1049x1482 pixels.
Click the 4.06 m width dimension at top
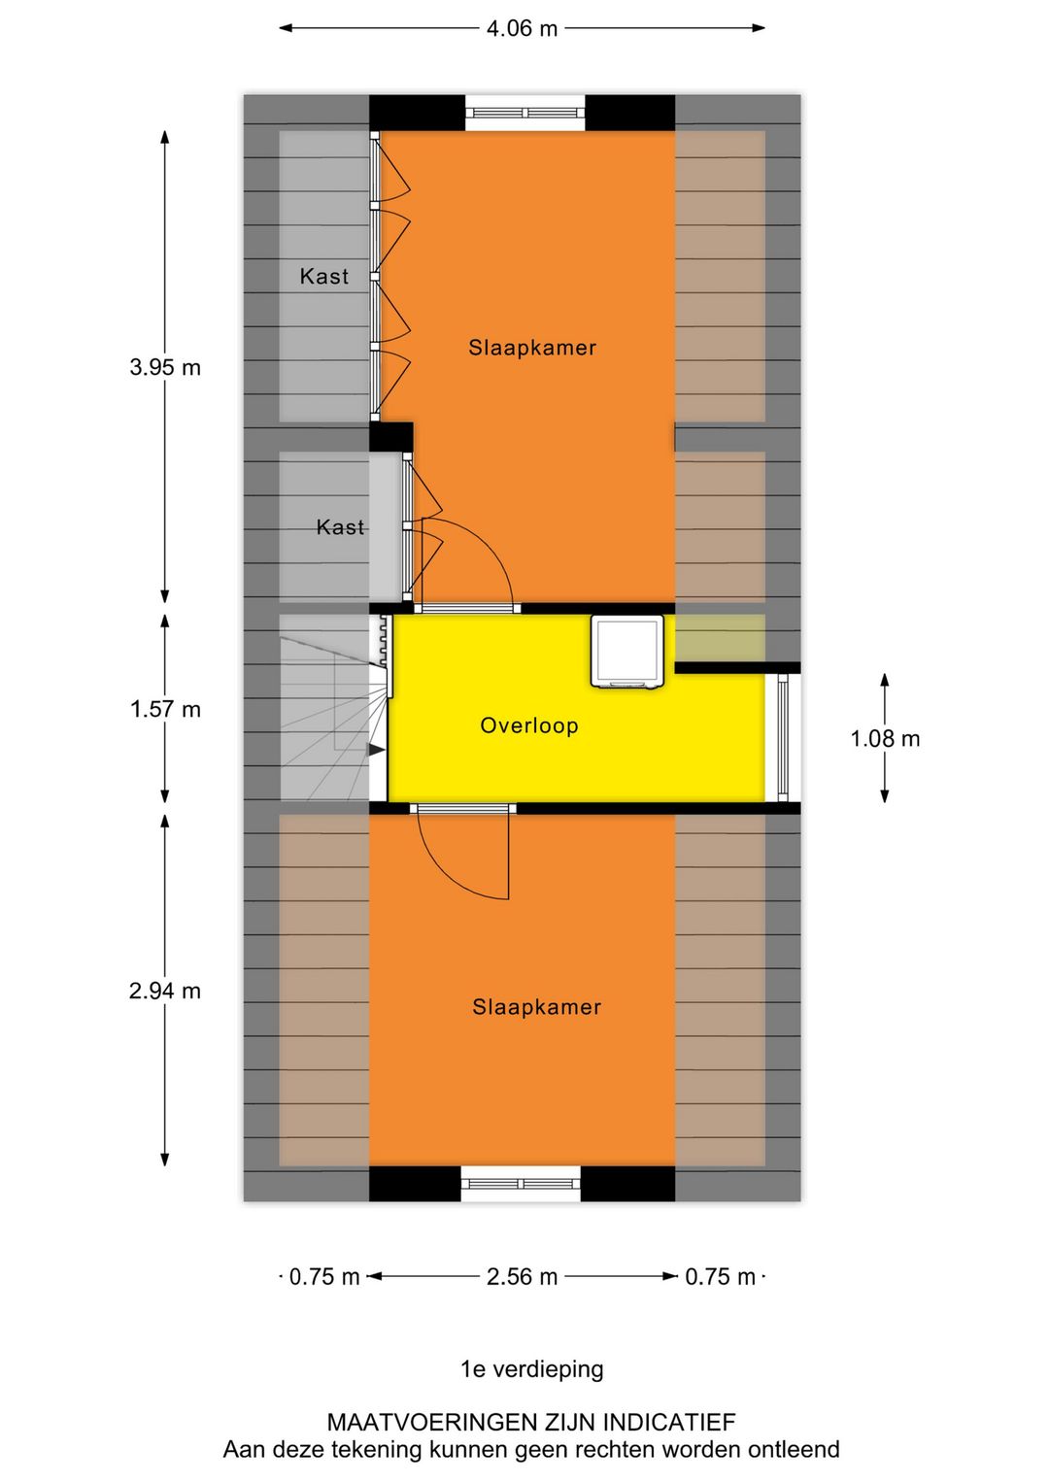click(522, 28)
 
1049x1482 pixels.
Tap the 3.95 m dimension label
click(165, 367)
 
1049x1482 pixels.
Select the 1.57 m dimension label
click(165, 709)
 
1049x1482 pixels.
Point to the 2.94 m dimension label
click(165, 991)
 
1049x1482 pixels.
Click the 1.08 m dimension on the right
click(884, 738)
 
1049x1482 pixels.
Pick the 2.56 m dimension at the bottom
click(522, 1276)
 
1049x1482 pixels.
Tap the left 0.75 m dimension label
click(323, 1276)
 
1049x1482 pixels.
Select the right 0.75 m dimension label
click(720, 1276)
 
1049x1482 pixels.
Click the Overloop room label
click(529, 725)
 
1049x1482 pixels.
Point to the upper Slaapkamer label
click(532, 348)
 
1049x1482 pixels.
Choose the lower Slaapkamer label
click(536, 1007)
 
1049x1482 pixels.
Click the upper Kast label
click(323, 277)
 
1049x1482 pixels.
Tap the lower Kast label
click(340, 527)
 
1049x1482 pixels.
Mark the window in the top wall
click(525, 113)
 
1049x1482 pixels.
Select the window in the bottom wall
click(521, 1184)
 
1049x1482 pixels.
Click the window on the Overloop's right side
click(783, 737)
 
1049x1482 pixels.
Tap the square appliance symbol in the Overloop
click(627, 652)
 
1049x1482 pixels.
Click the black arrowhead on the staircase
click(376, 750)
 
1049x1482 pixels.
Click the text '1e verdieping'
click(531, 1369)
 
